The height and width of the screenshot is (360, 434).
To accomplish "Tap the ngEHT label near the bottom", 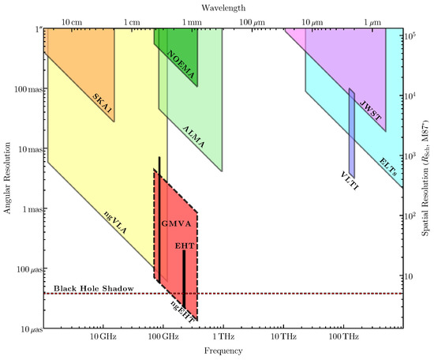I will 181,307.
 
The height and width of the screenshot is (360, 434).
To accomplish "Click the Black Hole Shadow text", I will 91,287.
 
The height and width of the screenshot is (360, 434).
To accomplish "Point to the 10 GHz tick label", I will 103,337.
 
